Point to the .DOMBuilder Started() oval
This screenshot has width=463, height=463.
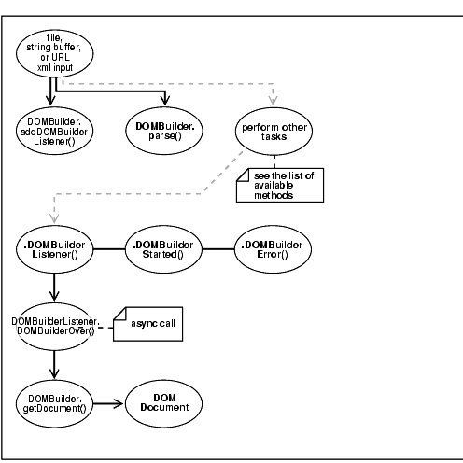165,248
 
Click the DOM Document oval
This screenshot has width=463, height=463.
165,403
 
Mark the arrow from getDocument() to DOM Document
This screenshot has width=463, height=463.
110,403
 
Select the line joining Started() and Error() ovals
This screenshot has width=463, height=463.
218,248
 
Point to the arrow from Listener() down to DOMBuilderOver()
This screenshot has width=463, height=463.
55,286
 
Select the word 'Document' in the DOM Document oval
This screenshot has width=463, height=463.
165,409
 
